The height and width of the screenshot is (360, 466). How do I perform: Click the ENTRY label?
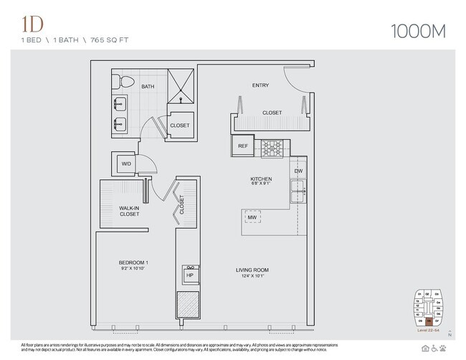[260, 85]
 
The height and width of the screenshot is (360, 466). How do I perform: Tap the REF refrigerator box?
[243, 146]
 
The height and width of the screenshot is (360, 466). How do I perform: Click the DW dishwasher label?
[298, 171]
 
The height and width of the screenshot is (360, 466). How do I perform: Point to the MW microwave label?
[252, 218]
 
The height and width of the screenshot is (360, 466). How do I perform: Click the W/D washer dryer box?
[126, 164]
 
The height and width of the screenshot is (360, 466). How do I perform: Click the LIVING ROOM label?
[257, 270]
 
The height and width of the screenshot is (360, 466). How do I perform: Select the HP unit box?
[189, 274]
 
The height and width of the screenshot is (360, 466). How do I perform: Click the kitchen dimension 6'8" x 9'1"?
[260, 184]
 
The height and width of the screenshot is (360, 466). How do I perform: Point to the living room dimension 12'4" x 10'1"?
[257, 277]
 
